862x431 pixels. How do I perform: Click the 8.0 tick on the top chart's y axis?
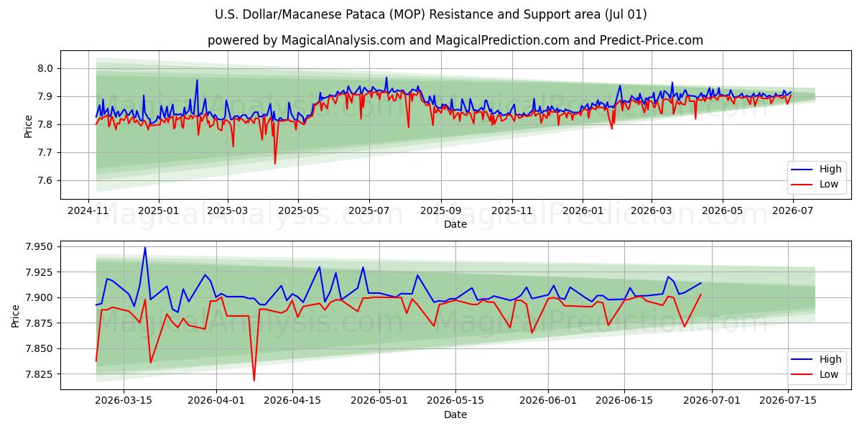click(45, 68)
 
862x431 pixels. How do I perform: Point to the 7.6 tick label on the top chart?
click(45, 181)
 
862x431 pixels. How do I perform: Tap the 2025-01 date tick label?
click(159, 211)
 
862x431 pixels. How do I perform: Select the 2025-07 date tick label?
click(369, 211)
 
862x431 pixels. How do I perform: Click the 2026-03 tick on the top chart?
click(652, 211)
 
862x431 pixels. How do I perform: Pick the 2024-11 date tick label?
click(88, 211)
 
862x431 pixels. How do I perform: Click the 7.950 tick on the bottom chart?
click(39, 246)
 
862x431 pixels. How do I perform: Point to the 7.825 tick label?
click(39, 374)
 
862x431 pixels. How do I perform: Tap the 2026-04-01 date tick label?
click(216, 401)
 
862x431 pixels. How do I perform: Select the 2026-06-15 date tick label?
click(624, 401)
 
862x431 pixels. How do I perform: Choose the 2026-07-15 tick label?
click(788, 401)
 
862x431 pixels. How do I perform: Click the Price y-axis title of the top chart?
click(28, 126)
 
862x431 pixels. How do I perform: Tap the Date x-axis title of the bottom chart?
click(455, 415)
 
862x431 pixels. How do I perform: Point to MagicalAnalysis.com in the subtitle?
click(343, 40)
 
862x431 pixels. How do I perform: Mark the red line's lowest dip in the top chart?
click(274, 164)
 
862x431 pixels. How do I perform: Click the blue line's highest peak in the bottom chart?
click(145, 247)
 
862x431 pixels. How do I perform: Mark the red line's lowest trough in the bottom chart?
click(254, 381)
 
